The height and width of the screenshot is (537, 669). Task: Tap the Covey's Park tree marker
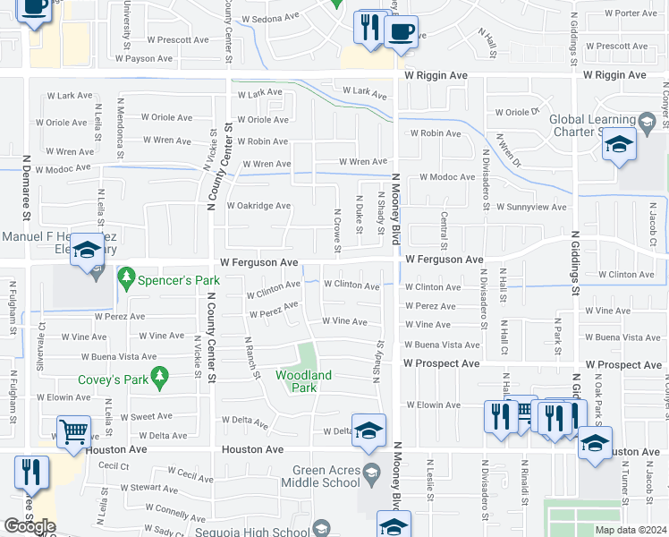click(160, 379)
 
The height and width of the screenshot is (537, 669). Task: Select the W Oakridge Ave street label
click(258, 205)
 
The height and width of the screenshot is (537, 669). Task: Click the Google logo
click(30, 526)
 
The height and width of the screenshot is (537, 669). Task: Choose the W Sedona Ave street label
click(267, 18)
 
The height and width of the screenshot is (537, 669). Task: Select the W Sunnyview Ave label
click(531, 207)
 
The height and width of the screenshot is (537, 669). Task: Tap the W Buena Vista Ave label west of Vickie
click(126, 356)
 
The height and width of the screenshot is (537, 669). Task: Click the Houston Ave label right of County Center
click(253, 449)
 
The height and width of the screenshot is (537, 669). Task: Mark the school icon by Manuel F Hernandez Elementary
click(87, 251)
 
